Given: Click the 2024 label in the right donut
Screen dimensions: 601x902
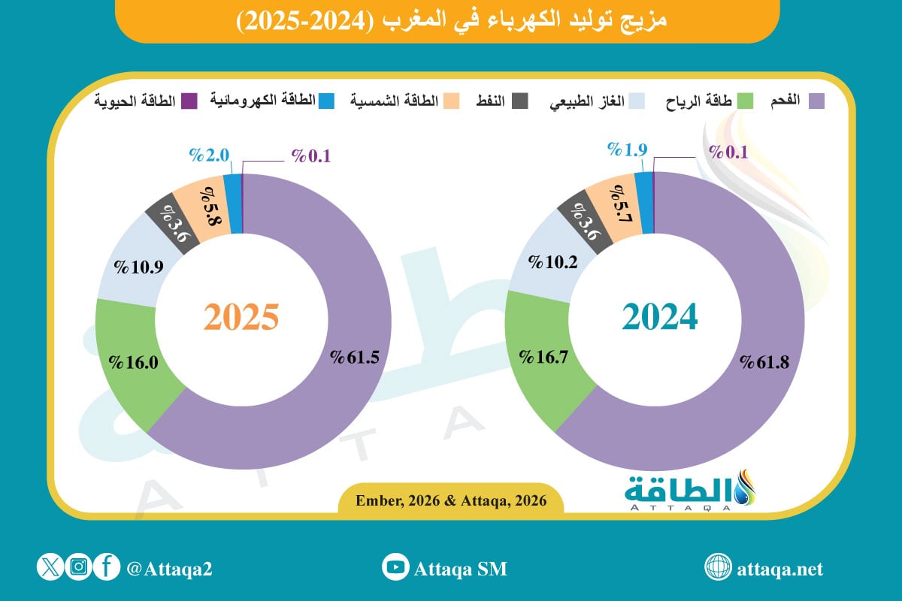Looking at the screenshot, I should [x=660, y=318].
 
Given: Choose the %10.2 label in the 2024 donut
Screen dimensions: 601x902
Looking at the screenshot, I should [x=553, y=263].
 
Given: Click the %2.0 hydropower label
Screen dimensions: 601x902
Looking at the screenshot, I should [x=208, y=156].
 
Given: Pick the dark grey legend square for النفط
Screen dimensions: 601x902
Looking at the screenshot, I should [x=519, y=101].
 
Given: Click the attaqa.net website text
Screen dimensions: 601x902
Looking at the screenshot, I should [x=781, y=569].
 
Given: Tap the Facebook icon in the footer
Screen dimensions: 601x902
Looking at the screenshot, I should [x=107, y=567].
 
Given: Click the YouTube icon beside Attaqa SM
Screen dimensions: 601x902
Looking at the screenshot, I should [x=395, y=568].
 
